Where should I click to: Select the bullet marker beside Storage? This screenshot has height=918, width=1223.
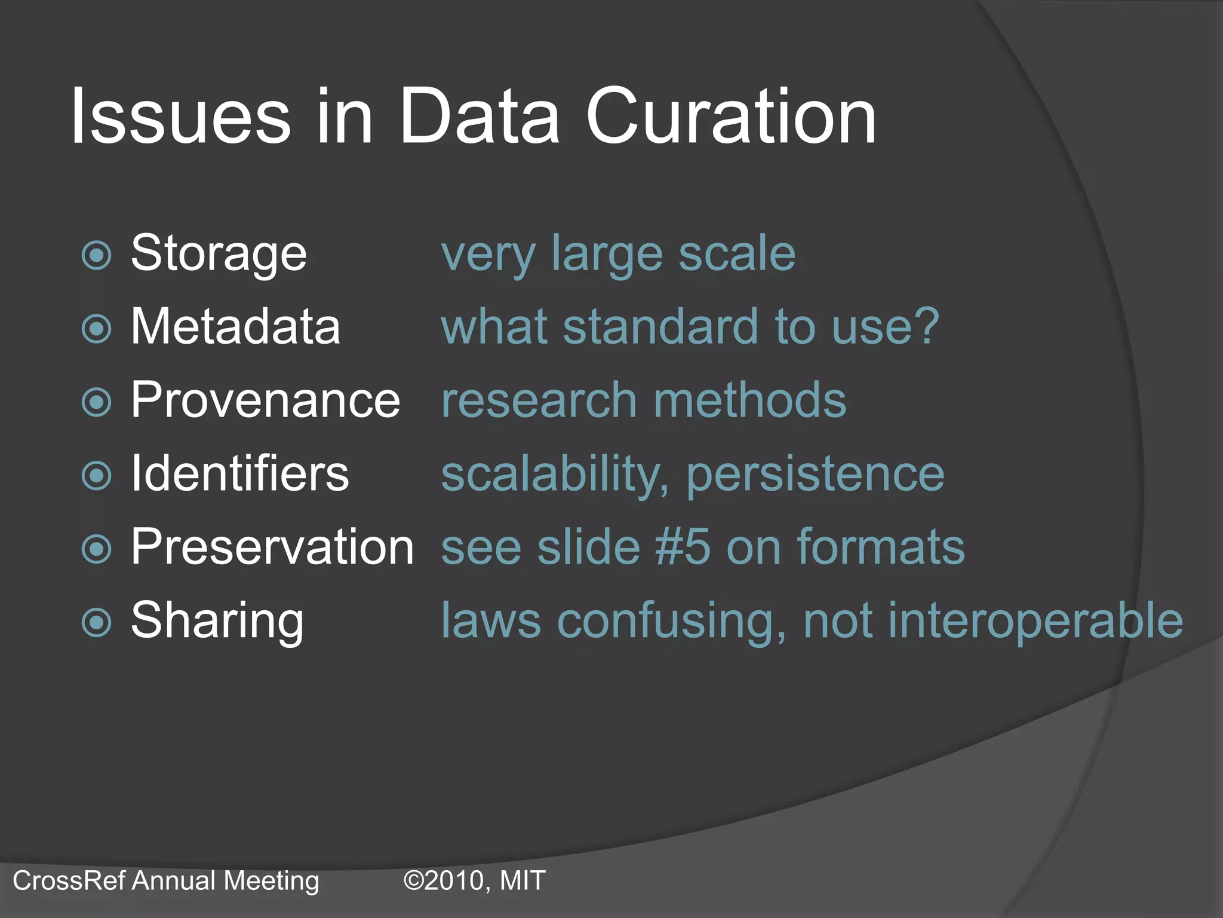point(96,256)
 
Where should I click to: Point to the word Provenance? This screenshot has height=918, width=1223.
point(265,400)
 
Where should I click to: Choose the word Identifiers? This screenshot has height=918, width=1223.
point(239,473)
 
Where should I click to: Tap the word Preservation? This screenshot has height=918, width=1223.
point(272,547)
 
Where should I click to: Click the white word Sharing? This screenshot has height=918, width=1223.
point(217,622)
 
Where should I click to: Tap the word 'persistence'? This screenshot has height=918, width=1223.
point(815,475)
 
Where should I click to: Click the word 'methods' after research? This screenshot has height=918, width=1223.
point(750,400)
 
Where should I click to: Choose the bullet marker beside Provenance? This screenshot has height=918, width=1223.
point(96,402)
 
